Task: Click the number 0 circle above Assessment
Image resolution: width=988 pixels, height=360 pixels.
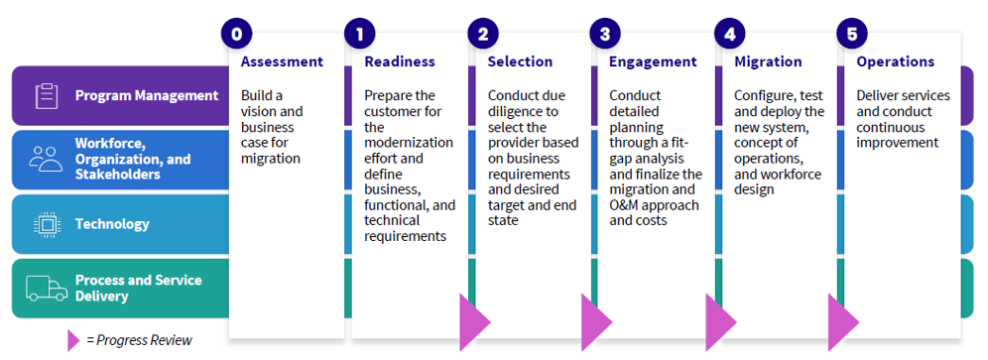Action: (236, 34)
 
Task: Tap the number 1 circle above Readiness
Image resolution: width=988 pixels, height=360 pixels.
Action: (359, 34)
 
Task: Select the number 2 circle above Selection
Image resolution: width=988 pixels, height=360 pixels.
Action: (482, 34)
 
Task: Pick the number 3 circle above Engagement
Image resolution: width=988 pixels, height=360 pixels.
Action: (605, 34)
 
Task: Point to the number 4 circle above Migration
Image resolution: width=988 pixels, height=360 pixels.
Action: (730, 34)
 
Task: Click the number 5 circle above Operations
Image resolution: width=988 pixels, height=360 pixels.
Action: (852, 34)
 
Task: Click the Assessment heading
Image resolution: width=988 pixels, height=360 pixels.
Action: (282, 61)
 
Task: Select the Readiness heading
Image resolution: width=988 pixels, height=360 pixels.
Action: (400, 61)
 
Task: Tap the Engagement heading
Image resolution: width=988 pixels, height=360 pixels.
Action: (653, 61)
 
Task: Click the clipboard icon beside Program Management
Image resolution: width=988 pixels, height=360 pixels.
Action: (45, 96)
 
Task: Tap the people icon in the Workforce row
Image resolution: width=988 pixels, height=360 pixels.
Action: (45, 159)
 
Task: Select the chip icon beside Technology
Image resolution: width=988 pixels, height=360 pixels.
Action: (45, 224)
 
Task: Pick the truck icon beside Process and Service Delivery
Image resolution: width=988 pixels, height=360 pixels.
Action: (45, 288)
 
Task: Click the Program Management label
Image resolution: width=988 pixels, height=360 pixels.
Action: (147, 96)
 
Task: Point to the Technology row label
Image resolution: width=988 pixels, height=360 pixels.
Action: (112, 224)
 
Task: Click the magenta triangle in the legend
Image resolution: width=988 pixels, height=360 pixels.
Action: (72, 340)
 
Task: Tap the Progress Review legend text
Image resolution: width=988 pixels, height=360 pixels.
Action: (139, 340)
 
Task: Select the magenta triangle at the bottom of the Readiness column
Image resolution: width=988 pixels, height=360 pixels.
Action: (473, 322)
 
